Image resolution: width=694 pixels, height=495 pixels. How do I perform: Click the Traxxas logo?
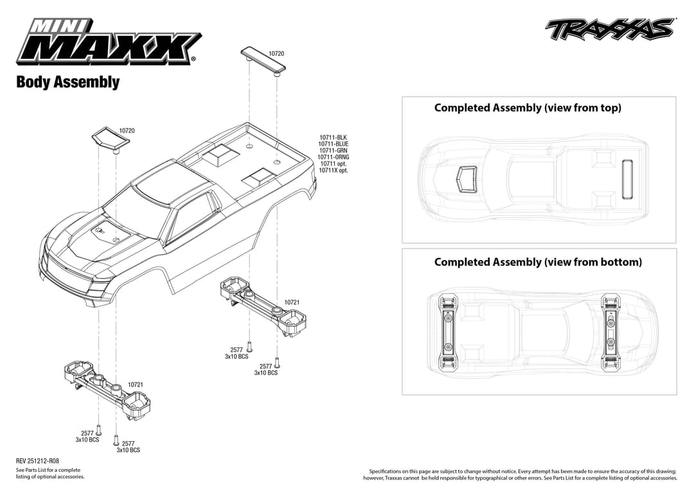[610, 29]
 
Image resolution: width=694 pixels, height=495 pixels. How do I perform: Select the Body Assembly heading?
[67, 82]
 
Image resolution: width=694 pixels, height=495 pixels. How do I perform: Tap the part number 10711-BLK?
[333, 137]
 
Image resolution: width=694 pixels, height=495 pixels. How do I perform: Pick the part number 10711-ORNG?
[334, 157]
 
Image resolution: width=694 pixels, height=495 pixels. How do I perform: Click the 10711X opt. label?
[334, 171]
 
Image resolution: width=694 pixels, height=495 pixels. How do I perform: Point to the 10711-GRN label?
[333, 151]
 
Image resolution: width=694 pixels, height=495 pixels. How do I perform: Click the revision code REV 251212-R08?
[37, 461]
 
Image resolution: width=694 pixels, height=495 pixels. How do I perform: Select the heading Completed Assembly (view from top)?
[528, 108]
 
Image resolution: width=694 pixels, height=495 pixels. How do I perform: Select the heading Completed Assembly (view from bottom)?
[538, 262]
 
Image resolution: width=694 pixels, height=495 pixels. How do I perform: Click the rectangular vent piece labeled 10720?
[263, 59]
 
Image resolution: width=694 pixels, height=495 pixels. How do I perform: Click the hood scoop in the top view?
[467, 177]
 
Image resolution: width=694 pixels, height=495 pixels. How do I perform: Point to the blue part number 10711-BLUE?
[333, 144]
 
